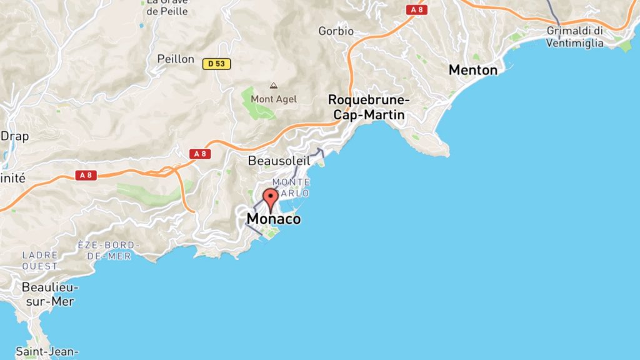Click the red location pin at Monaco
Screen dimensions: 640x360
coord(271,197)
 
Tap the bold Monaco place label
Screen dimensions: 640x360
coord(273,219)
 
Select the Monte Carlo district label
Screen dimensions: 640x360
coord(291,187)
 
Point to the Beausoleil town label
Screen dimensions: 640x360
coord(279,161)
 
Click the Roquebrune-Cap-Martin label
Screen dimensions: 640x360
coord(369,107)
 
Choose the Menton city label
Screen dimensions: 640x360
coord(473,70)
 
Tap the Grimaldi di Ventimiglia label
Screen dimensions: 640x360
coord(574,37)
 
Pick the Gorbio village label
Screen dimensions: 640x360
coord(336,31)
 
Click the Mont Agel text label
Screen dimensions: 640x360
coord(274,99)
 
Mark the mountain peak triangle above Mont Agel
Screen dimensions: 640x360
coord(273,85)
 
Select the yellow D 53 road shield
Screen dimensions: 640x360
coord(217,63)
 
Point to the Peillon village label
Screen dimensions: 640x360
coord(176,59)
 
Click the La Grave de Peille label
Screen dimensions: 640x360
coord(168,6)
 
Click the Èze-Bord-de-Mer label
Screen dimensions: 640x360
coord(109,250)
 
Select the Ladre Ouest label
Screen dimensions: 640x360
coord(40,261)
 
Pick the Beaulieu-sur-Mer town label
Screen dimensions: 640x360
coord(48,294)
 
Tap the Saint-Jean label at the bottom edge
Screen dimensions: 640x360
coord(46,352)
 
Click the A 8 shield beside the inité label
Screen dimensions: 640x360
coord(86,176)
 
